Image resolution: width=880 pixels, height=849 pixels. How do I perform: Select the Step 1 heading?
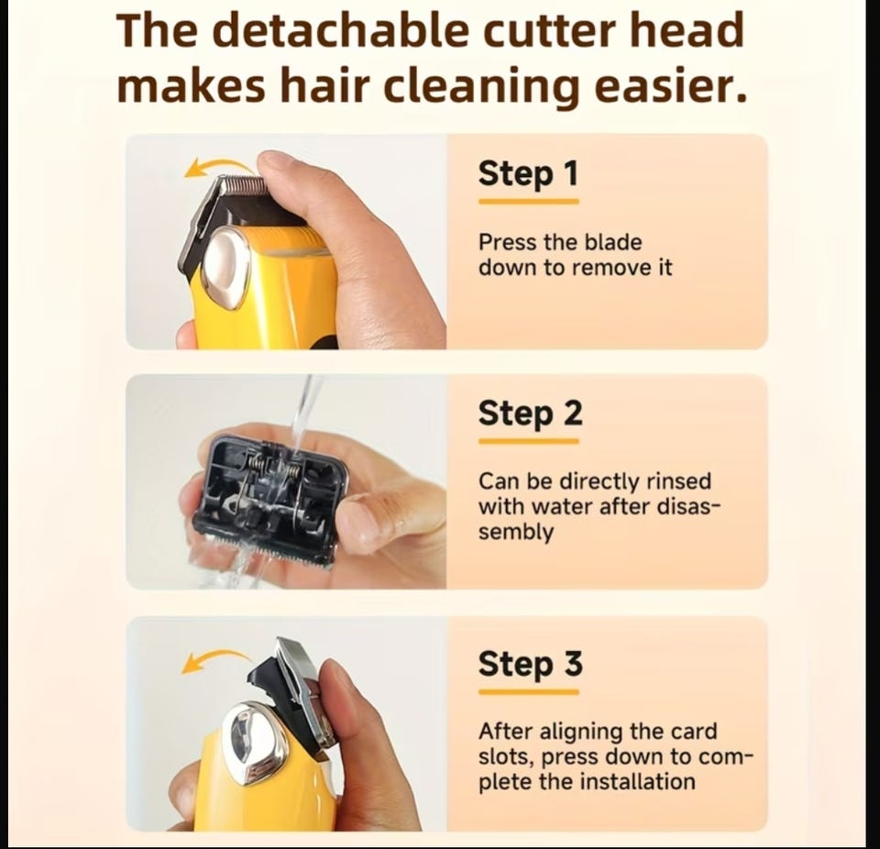528,174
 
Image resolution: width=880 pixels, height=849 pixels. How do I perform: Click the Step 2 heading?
531,414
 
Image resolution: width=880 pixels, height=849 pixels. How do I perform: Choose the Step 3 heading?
531,665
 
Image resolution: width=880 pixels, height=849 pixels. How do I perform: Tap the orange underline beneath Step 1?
529,202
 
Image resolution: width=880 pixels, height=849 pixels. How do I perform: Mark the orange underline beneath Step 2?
529,442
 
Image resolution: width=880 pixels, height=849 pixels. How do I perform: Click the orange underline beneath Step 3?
529,692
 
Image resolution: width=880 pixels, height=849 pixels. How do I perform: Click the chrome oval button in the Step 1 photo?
226,269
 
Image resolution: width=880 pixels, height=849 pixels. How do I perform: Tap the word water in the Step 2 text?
562,507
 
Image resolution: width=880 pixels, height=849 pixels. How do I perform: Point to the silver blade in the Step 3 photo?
302,685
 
